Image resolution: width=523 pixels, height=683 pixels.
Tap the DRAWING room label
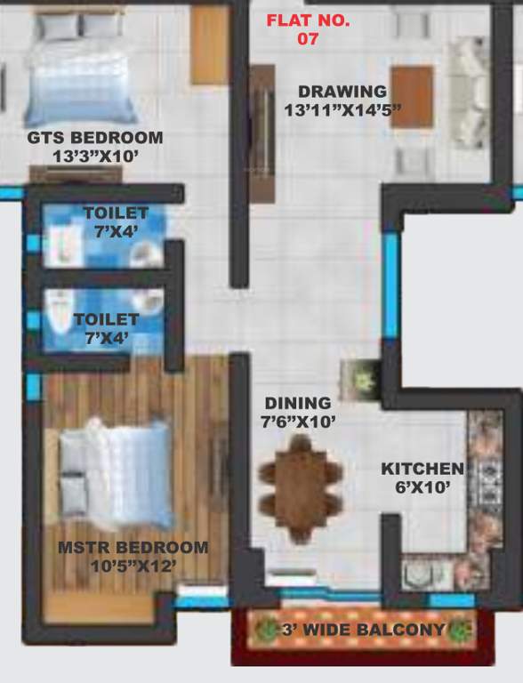[342, 92]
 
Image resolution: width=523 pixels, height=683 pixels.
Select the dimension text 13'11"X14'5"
[343, 110]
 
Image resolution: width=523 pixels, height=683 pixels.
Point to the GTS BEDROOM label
[95, 138]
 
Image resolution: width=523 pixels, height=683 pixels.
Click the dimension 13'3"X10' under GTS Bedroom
[95, 156]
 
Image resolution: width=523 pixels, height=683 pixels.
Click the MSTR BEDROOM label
[133, 548]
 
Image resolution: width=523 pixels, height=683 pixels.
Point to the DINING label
[297, 404]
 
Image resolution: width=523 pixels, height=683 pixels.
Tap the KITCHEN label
[422, 470]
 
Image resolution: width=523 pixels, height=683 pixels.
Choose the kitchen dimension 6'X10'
[422, 487]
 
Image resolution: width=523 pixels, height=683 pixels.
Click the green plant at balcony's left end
[264, 631]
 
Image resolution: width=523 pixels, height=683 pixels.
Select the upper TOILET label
[116, 213]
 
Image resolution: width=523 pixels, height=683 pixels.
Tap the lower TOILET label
[106, 319]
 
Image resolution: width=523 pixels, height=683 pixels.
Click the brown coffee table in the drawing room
[411, 96]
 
